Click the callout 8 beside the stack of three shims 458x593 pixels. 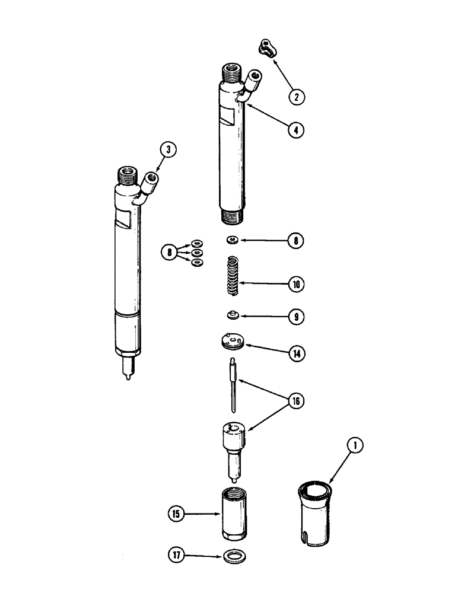(x=168, y=253)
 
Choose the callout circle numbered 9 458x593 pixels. (x=294, y=317)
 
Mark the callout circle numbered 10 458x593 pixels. (x=294, y=284)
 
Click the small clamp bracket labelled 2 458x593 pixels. (x=270, y=49)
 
